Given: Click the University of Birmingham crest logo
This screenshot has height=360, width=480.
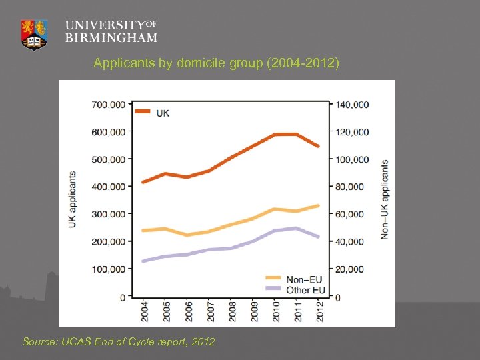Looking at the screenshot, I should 35,33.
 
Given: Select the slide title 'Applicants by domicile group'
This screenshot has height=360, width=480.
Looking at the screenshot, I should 217,63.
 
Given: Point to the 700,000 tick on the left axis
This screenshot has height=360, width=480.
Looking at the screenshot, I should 108,105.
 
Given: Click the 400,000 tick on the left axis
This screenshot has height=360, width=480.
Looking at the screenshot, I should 108,187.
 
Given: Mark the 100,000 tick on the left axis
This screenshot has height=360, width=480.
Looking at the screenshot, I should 108,269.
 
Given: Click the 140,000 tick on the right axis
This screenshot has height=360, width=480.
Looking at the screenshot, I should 351,105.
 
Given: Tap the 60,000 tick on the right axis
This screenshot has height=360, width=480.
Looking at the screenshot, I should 349,214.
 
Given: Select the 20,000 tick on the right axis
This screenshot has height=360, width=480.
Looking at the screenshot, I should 349,269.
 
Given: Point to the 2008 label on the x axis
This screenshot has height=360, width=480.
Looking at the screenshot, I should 231,311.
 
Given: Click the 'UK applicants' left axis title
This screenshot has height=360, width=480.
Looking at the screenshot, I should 72,199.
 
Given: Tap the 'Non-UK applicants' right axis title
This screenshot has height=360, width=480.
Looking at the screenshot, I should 385,199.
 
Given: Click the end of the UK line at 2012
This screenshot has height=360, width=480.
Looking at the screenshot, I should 319,146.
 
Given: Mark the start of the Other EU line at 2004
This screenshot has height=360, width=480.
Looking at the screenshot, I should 143,261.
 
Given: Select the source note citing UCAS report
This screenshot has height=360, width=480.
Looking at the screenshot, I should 119,341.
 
